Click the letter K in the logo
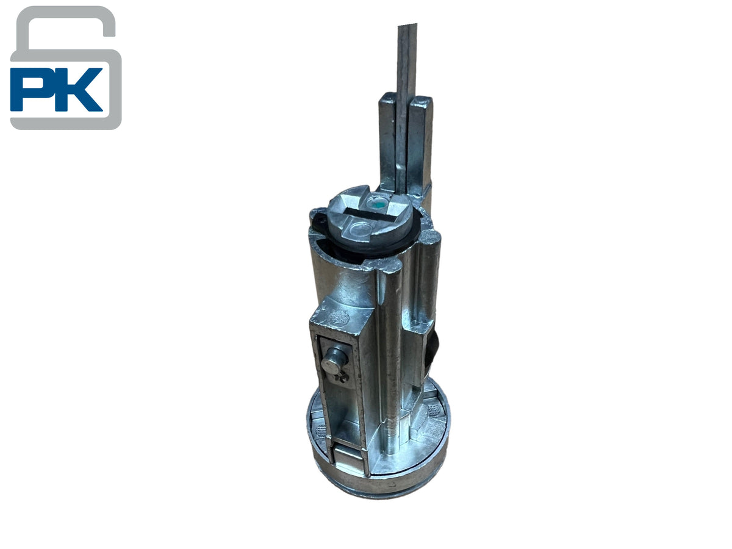(79, 89)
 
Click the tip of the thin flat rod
(407, 26)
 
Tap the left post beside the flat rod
(387, 140)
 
